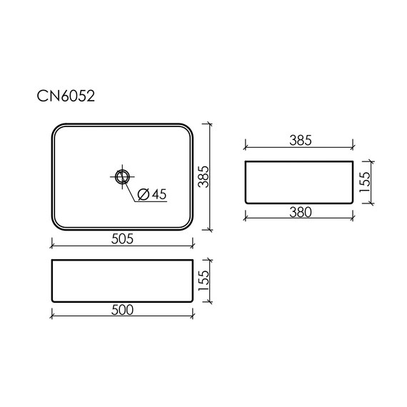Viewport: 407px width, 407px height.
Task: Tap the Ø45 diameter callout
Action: pyautogui.click(x=151, y=194)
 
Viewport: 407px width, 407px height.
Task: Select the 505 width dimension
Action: pyautogui.click(x=123, y=238)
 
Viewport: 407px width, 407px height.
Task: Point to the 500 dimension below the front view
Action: pyautogui.click(x=123, y=309)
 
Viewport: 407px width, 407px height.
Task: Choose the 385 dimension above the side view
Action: pyautogui.click(x=300, y=141)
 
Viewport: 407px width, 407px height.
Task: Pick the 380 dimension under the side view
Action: pyautogui.click(x=300, y=211)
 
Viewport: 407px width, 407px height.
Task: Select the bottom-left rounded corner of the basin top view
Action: pyautogui.click(x=56, y=226)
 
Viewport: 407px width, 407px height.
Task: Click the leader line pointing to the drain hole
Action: pyautogui.click(x=130, y=189)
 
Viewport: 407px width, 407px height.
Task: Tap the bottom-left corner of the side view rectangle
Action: pyautogui.click(x=246, y=202)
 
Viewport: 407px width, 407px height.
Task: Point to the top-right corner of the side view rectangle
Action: pyautogui.click(x=353, y=162)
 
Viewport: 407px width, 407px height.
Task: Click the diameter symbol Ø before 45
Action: pyautogui.click(x=141, y=194)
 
